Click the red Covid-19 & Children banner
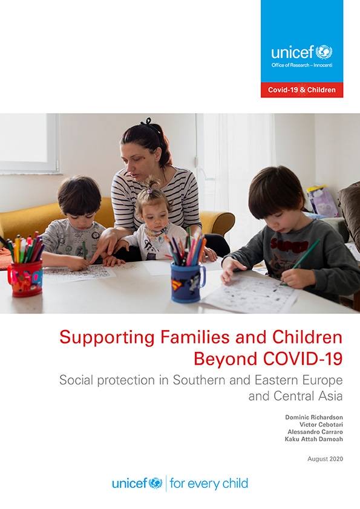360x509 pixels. coord(302,90)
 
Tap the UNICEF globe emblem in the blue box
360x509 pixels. coord(324,52)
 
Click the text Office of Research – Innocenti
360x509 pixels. coord(302,65)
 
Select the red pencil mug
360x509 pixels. coord(25,278)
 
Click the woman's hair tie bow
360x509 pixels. coord(148,122)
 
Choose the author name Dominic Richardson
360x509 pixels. coord(314,417)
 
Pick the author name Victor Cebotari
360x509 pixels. coord(321,424)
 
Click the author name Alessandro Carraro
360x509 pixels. coord(315,432)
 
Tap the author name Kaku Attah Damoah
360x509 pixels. coord(314,439)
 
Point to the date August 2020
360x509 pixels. coord(326,459)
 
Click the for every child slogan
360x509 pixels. coord(209,484)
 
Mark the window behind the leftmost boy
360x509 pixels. coord(30,143)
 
